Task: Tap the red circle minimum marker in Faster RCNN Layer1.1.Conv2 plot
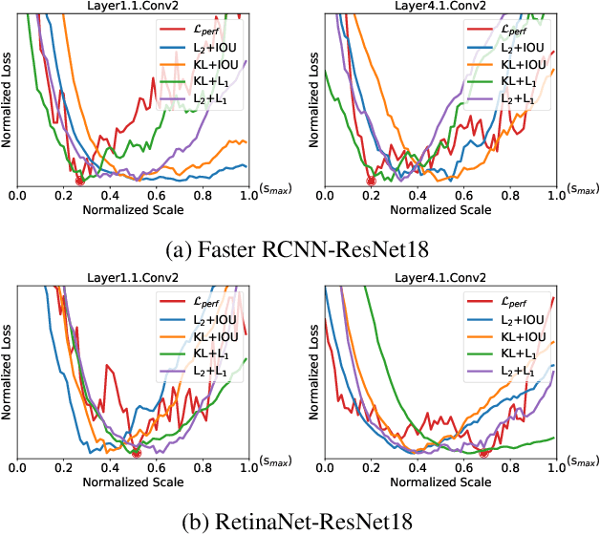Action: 79,181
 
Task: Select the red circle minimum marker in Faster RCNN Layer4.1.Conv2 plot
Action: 371,181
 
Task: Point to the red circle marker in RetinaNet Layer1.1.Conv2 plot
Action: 136,452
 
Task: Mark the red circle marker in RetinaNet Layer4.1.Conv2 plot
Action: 482,452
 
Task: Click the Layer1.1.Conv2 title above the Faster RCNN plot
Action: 133,7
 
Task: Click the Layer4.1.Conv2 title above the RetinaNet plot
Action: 439,278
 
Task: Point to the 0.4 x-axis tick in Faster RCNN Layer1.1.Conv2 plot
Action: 110,195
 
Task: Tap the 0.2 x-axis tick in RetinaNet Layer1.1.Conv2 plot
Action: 64,467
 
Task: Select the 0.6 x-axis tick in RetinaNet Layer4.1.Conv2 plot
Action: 463,467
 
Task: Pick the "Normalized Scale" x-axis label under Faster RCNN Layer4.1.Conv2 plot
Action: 439,209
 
